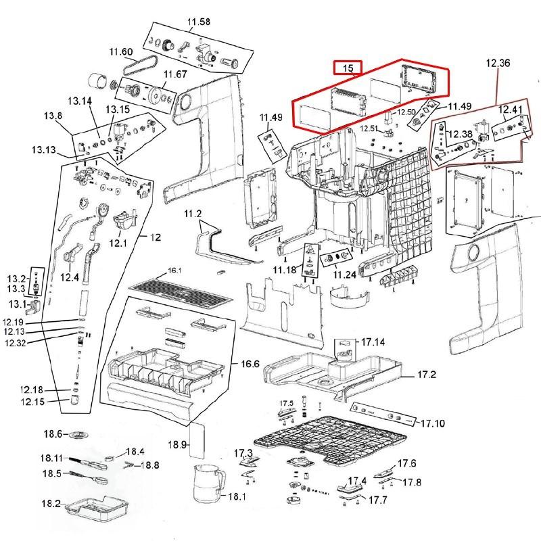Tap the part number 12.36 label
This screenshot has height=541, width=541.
(498, 63)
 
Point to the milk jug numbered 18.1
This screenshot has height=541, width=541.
(206, 484)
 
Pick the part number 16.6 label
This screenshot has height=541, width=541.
(250, 364)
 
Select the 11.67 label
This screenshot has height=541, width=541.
(175, 74)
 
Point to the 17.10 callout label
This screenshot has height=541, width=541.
(433, 424)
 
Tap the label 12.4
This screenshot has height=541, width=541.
(70, 277)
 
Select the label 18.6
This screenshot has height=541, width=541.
(52, 433)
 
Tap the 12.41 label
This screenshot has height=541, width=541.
(511, 109)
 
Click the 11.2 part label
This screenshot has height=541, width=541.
(193, 214)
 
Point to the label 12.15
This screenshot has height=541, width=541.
(31, 402)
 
